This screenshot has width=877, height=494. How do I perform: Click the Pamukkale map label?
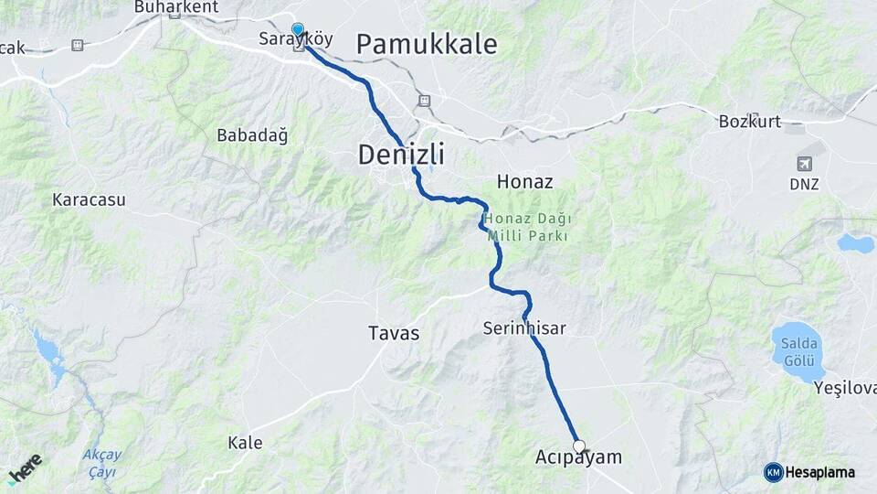(x=427, y=43)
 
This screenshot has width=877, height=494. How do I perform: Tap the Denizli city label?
(x=401, y=155)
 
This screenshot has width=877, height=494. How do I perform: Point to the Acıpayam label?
(x=577, y=457)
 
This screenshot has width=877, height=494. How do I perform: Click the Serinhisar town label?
(x=524, y=328)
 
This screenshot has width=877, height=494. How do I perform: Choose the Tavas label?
(x=394, y=333)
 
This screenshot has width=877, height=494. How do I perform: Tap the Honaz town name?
(x=524, y=182)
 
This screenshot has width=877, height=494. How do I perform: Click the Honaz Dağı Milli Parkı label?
(x=527, y=227)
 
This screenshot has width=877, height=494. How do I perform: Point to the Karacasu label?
(x=89, y=199)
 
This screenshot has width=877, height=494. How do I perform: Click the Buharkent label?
(x=176, y=6)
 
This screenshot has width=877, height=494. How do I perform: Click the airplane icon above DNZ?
(x=805, y=165)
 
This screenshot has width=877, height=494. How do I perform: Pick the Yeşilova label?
(x=844, y=388)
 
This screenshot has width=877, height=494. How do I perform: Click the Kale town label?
(x=245, y=443)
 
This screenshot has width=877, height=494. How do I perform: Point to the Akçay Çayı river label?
(x=101, y=463)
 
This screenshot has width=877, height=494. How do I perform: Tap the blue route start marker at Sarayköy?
(x=297, y=29)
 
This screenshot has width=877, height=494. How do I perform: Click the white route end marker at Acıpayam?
(x=578, y=446)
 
